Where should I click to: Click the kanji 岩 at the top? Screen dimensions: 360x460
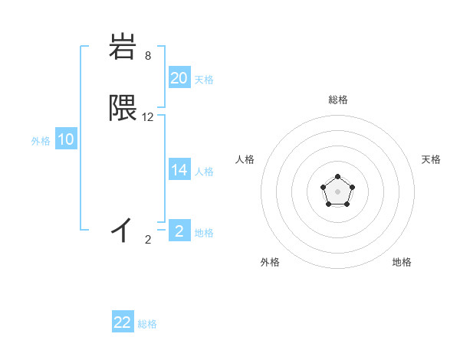123,47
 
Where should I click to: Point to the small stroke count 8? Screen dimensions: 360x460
147,56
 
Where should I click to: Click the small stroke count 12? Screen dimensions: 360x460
148,117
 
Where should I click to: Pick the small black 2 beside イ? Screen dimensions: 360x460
148,240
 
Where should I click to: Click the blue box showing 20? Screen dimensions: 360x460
179,77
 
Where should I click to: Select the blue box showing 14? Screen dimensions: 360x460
179,170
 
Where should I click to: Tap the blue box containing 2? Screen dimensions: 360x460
179,231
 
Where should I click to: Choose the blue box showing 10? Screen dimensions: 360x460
66,139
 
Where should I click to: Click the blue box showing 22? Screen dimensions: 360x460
123,322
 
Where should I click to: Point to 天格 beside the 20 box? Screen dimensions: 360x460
204,79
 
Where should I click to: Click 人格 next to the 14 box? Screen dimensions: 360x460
204,172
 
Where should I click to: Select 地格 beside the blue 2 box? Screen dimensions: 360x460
204,232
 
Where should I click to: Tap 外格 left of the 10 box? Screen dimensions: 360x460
41,141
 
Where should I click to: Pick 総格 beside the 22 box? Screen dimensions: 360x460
147,324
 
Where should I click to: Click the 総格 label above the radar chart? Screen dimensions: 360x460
338,100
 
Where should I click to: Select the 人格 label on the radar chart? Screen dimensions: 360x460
245,159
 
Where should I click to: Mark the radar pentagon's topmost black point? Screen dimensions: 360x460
337,177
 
